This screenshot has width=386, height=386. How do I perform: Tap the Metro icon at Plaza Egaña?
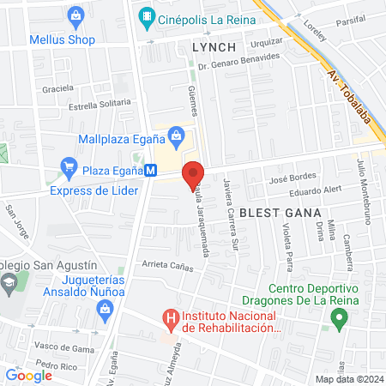[151, 171]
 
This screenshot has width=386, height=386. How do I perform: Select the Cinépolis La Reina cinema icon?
[147, 15]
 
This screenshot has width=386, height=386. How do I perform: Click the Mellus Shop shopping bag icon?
[76, 15]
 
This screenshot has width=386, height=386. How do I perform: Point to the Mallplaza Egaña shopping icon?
[177, 133]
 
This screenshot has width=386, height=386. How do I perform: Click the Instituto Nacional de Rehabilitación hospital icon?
[171, 320]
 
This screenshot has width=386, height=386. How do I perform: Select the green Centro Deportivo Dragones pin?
[339, 319]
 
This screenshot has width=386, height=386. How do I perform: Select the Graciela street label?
[57, 87]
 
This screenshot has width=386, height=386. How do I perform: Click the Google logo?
[28, 375]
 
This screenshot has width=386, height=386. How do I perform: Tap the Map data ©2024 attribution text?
[347, 379]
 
